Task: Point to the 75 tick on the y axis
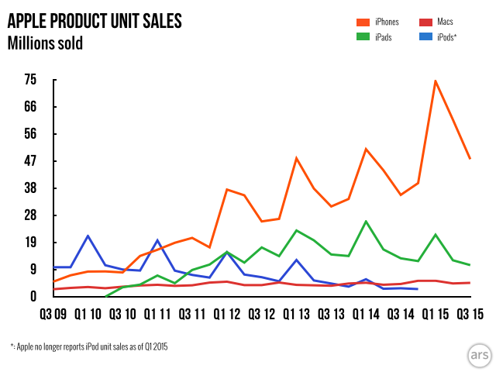point(30,79)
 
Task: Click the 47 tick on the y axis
point(30,160)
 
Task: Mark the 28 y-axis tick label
point(30,215)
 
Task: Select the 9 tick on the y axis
point(33,269)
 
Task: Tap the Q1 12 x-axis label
point(226,314)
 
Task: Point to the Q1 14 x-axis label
point(366,314)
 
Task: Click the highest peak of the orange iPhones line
point(436,81)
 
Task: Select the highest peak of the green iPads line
point(366,221)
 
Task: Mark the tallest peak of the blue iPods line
point(88,236)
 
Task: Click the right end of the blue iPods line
point(418,289)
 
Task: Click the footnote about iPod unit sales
point(88,346)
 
